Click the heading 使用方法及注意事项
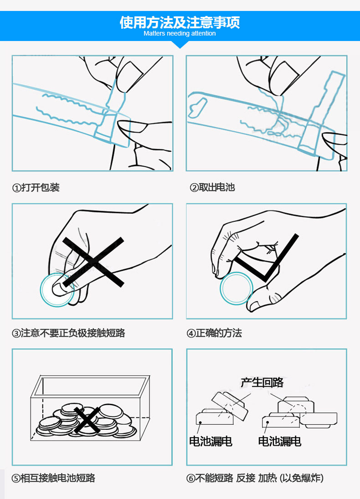(x=180, y=22)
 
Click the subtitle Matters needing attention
(x=180, y=33)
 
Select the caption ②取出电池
(x=212, y=187)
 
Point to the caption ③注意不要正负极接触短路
(x=68, y=333)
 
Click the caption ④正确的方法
(x=214, y=333)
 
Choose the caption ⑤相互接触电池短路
(x=53, y=478)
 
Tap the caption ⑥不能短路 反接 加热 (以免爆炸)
(x=255, y=478)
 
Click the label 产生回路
(x=262, y=382)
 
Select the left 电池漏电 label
(x=211, y=441)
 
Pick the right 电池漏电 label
(x=280, y=441)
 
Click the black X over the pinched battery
(x=93, y=262)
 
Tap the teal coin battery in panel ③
(x=57, y=290)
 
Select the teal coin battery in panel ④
(x=236, y=288)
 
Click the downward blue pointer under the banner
(x=180, y=44)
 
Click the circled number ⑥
(x=191, y=478)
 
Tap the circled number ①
(x=16, y=188)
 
